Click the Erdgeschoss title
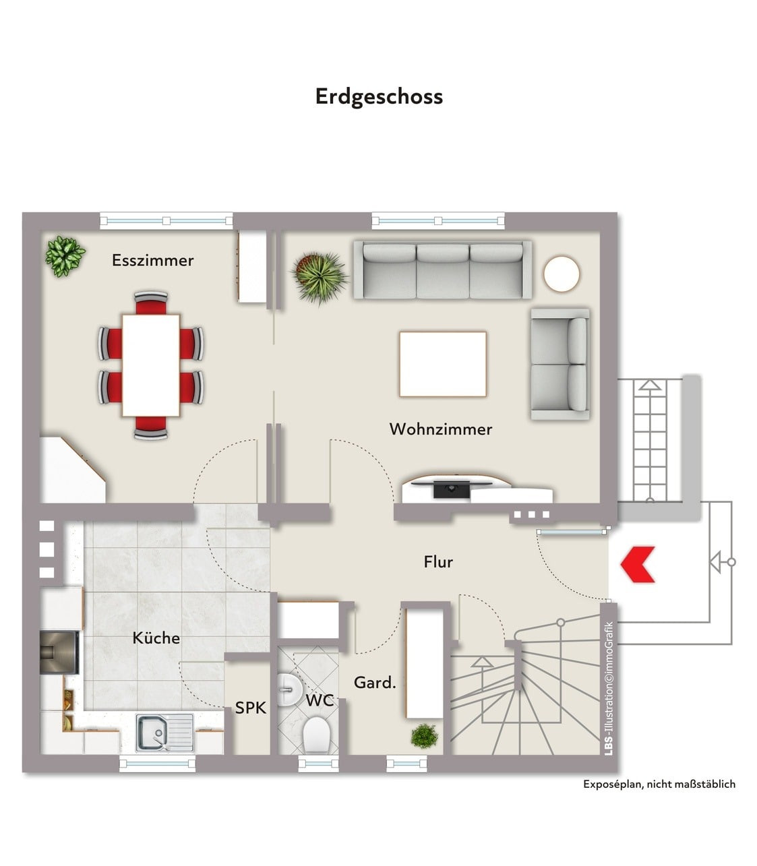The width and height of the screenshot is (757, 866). pyautogui.click(x=379, y=97)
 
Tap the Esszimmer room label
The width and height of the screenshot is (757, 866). pyautogui.click(x=153, y=260)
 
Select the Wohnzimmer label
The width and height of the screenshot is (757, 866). pyautogui.click(x=441, y=429)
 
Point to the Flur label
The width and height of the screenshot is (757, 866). pyautogui.click(x=438, y=561)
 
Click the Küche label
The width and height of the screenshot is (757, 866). pyautogui.click(x=156, y=638)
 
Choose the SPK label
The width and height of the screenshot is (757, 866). pyautogui.click(x=251, y=707)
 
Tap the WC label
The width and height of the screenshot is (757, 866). pyautogui.click(x=320, y=700)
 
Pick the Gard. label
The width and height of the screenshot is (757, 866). pyautogui.click(x=375, y=682)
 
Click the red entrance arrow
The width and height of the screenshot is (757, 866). pyautogui.click(x=638, y=564)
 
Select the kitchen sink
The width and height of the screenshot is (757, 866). pyautogui.click(x=164, y=733)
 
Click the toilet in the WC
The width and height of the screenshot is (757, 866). pyautogui.click(x=316, y=735)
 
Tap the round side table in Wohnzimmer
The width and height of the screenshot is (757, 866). pyautogui.click(x=562, y=274)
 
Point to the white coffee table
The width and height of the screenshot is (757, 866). pyautogui.click(x=443, y=364)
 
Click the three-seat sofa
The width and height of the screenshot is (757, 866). pyautogui.click(x=442, y=270)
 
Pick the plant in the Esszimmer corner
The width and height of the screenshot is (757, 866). pyautogui.click(x=65, y=256)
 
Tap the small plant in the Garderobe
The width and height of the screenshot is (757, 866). pyautogui.click(x=424, y=736)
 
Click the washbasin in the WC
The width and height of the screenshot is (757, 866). pyautogui.click(x=289, y=689)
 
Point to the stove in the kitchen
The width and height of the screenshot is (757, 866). pyautogui.click(x=59, y=652)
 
